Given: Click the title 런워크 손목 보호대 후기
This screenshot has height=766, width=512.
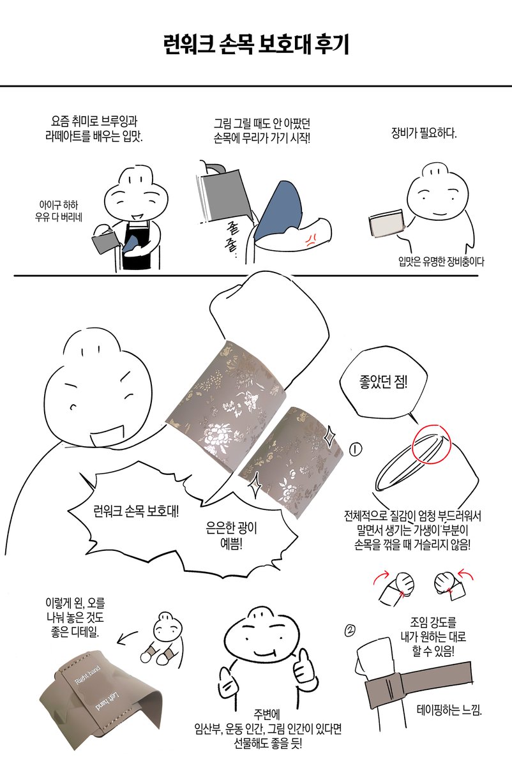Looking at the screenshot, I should coord(255,45).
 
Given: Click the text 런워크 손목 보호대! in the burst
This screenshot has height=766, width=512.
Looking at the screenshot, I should coord(136,511).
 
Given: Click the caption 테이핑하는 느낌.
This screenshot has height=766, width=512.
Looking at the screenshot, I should coord(449,709).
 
